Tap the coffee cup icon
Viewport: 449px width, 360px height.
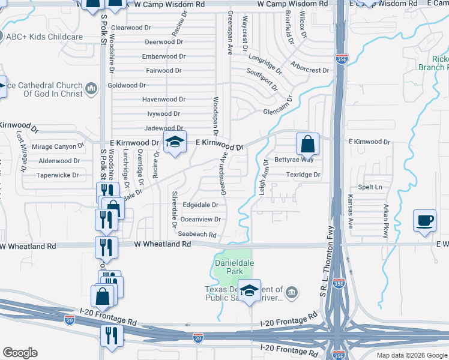(424, 220)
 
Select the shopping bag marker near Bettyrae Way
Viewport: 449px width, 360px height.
(307, 145)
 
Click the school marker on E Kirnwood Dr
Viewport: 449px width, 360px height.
(175, 142)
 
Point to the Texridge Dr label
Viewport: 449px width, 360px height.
(303, 175)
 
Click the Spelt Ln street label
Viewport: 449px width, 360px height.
(370, 187)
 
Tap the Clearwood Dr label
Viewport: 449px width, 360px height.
(127, 28)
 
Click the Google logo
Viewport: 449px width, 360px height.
(20, 353)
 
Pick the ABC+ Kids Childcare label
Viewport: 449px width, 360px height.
(44, 37)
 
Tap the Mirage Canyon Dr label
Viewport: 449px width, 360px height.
(58, 146)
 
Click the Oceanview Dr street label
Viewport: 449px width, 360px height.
(200, 220)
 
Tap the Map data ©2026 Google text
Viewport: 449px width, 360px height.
(411, 355)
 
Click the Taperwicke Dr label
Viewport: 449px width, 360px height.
(58, 175)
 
